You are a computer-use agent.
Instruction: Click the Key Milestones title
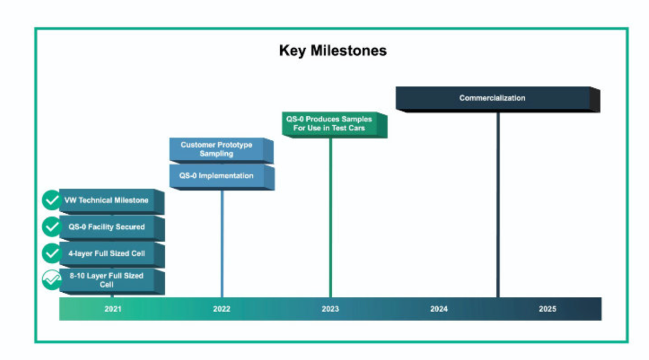click(333, 51)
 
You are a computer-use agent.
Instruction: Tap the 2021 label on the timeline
click(113, 309)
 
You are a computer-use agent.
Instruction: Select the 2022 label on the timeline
click(221, 309)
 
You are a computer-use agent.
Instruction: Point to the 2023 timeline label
click(331, 309)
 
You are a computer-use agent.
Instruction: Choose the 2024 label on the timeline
click(439, 309)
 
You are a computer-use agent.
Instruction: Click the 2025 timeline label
click(547, 309)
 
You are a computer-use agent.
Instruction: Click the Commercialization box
click(498, 99)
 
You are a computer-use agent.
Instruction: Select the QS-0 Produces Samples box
click(335, 124)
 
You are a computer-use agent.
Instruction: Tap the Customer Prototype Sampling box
click(221, 150)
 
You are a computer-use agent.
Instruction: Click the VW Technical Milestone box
click(112, 201)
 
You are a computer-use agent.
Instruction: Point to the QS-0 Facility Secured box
click(112, 228)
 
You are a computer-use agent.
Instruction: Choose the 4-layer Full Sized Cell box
click(112, 254)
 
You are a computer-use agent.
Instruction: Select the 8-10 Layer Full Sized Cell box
click(112, 281)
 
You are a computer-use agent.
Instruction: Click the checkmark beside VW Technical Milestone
click(52, 200)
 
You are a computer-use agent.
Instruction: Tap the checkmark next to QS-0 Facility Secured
click(52, 227)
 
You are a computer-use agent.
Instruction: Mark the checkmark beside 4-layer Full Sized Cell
click(52, 253)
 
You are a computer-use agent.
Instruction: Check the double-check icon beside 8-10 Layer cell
click(52, 279)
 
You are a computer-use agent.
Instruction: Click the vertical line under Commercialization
click(498, 205)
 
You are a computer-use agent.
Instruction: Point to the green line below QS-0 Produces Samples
click(331, 218)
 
